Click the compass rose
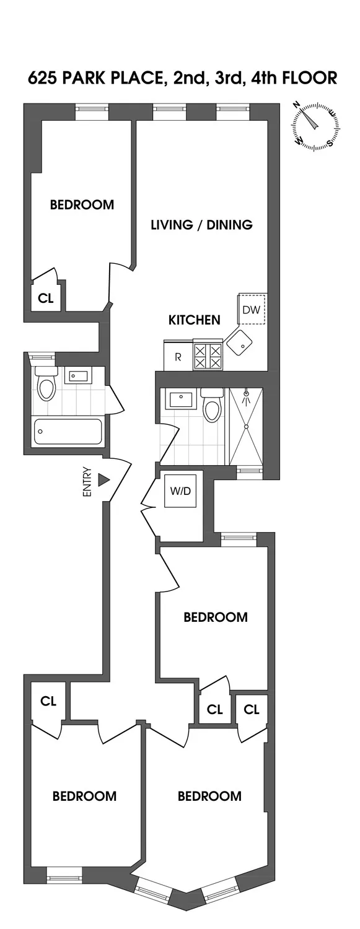[x=317, y=126]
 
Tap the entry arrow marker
[x=103, y=480]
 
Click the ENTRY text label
[x=87, y=481]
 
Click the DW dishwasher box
[x=252, y=310]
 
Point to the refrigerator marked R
[x=177, y=357]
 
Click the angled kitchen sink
[x=239, y=341]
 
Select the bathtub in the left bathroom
[x=68, y=431]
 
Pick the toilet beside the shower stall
[x=212, y=406]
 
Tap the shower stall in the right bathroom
[x=246, y=426]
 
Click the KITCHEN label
[x=195, y=320]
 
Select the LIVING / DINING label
[x=202, y=225]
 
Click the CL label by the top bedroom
[x=46, y=298]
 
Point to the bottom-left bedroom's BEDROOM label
[x=84, y=796]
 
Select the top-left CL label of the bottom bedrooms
[x=48, y=701]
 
